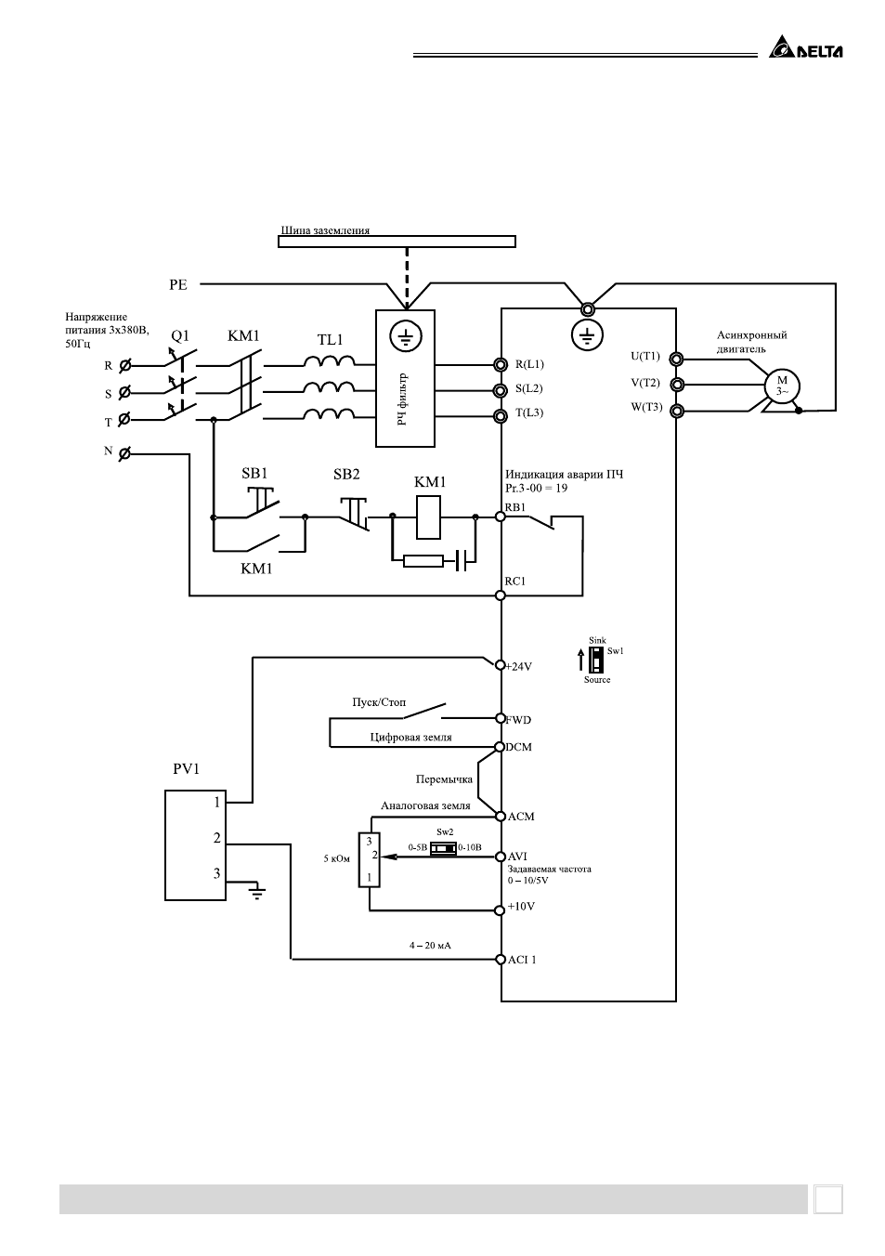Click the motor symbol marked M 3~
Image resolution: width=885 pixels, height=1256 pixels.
tap(782, 386)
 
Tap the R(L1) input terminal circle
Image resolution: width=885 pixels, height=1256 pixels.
tap(501, 364)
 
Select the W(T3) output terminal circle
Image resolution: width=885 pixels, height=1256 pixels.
tap(677, 411)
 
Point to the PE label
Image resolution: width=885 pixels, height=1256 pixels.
tap(178, 285)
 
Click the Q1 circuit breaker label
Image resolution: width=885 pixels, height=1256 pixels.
tap(180, 336)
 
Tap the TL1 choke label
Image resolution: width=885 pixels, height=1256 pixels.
tap(330, 340)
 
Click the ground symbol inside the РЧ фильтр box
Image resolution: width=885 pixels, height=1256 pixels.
tap(406, 336)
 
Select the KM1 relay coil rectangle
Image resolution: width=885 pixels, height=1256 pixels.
tap(429, 517)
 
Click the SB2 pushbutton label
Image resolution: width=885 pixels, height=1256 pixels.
tap(346, 475)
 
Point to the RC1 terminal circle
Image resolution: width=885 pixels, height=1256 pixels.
tap(501, 595)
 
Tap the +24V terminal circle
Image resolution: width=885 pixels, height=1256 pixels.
tap(501, 665)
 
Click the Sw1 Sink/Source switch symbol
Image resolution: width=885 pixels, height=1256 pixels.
tap(597, 660)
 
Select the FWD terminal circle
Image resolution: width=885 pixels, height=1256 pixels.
tap(501, 718)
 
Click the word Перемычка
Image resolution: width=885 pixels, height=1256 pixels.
tap(444, 779)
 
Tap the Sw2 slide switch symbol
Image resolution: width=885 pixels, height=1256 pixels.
tap(443, 848)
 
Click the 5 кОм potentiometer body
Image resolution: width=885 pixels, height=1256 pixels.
tap(369, 859)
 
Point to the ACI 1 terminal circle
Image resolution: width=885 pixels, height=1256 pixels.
tap(501, 960)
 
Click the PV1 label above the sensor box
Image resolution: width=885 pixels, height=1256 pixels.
tap(186, 768)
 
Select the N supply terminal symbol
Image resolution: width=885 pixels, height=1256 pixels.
tap(124, 453)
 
